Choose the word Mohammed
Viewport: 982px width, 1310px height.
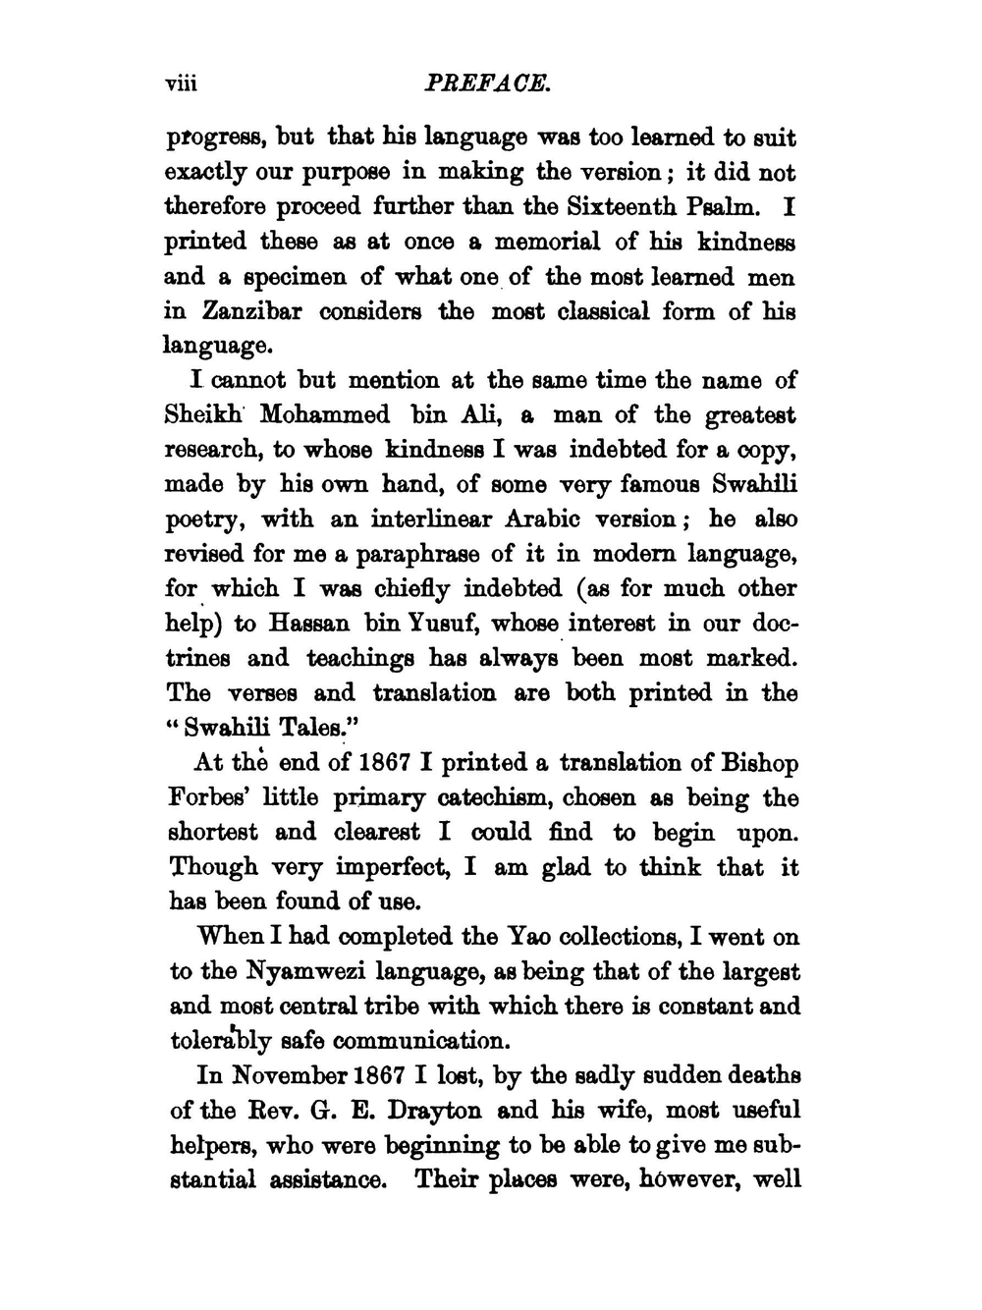point(325,414)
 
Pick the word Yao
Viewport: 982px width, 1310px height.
point(533,937)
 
